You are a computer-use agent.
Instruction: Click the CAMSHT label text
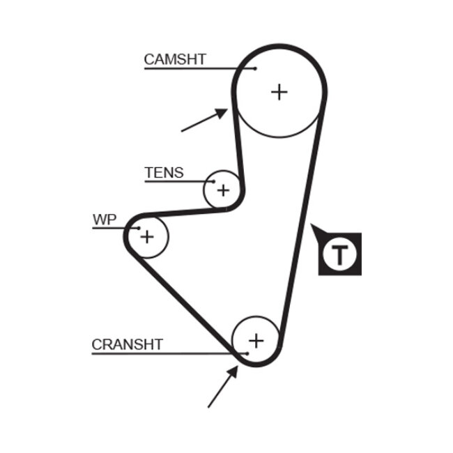pos(175,59)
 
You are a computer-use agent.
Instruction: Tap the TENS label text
pos(164,173)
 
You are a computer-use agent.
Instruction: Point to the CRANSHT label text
pos(127,344)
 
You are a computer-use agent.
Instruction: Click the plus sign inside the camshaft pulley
pos(279,91)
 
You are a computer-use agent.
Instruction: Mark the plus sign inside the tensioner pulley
pos(223,190)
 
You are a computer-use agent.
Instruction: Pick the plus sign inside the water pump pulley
pos(146,237)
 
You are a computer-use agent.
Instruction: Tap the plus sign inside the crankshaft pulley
pos(256,340)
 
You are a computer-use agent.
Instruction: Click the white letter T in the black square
pos(339,254)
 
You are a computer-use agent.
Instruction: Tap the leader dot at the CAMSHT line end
pos(256,68)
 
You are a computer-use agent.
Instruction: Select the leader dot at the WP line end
pos(139,228)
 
